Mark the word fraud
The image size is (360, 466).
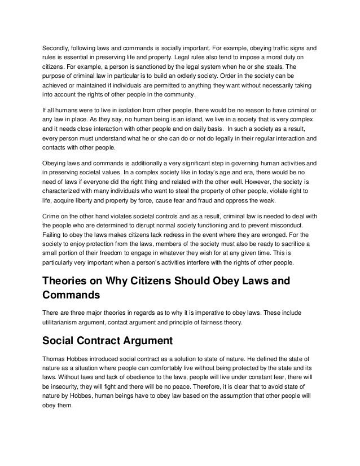pyautogui.click(x=200, y=200)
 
